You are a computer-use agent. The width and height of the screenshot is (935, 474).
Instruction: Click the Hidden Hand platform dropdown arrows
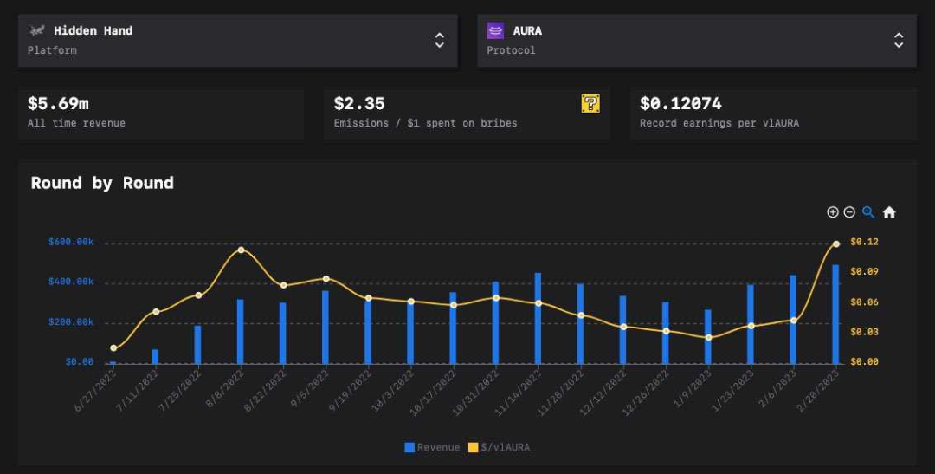440,40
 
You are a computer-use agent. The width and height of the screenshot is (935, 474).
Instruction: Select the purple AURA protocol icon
495,31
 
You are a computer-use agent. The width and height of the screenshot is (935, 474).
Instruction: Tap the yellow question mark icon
590,104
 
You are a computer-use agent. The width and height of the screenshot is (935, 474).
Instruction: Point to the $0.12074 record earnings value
680,104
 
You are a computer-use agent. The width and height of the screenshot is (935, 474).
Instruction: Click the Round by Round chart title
102,183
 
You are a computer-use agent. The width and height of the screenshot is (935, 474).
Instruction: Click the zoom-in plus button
833,212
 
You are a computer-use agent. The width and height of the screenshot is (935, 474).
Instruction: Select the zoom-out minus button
849,212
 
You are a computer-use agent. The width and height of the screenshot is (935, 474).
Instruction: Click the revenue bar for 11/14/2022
538,318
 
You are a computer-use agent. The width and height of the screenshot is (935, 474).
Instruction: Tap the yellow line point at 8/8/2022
241,250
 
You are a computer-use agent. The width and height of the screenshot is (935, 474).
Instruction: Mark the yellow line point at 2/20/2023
835,244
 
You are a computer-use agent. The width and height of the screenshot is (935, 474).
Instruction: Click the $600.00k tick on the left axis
71,242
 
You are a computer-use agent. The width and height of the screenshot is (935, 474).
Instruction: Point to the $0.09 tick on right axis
864,272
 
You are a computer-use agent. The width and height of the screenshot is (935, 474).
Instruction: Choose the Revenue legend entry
432,447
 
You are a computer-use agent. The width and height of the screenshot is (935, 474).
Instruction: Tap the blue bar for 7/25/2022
197,344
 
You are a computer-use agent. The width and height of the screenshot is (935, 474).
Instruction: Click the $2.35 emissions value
359,104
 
